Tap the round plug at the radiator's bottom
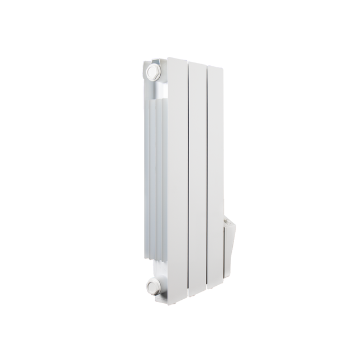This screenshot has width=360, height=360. pos(154,286)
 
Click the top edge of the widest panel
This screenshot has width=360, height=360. pos(178,58)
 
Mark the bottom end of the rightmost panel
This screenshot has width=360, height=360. pos(215,287)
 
